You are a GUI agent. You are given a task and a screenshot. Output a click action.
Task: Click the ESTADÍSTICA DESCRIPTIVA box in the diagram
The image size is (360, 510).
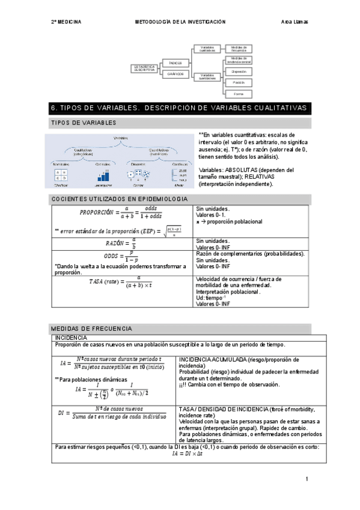(144, 68)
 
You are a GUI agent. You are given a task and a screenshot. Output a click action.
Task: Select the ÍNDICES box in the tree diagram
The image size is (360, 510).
(175, 63)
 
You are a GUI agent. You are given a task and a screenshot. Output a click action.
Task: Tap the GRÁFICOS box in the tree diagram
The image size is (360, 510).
(175, 73)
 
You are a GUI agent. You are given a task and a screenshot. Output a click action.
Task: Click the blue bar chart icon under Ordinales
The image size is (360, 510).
(103, 176)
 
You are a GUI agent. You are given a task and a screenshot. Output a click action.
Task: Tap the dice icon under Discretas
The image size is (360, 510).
(138, 175)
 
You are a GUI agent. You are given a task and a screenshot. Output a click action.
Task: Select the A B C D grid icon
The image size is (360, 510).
(61, 175)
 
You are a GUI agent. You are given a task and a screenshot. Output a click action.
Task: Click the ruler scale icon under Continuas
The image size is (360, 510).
(179, 175)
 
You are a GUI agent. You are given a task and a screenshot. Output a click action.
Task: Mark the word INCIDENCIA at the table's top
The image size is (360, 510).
(71, 338)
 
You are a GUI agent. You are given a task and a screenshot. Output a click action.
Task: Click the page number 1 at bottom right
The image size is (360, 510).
(307, 479)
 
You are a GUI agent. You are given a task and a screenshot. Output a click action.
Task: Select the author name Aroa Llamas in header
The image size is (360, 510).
(294, 22)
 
